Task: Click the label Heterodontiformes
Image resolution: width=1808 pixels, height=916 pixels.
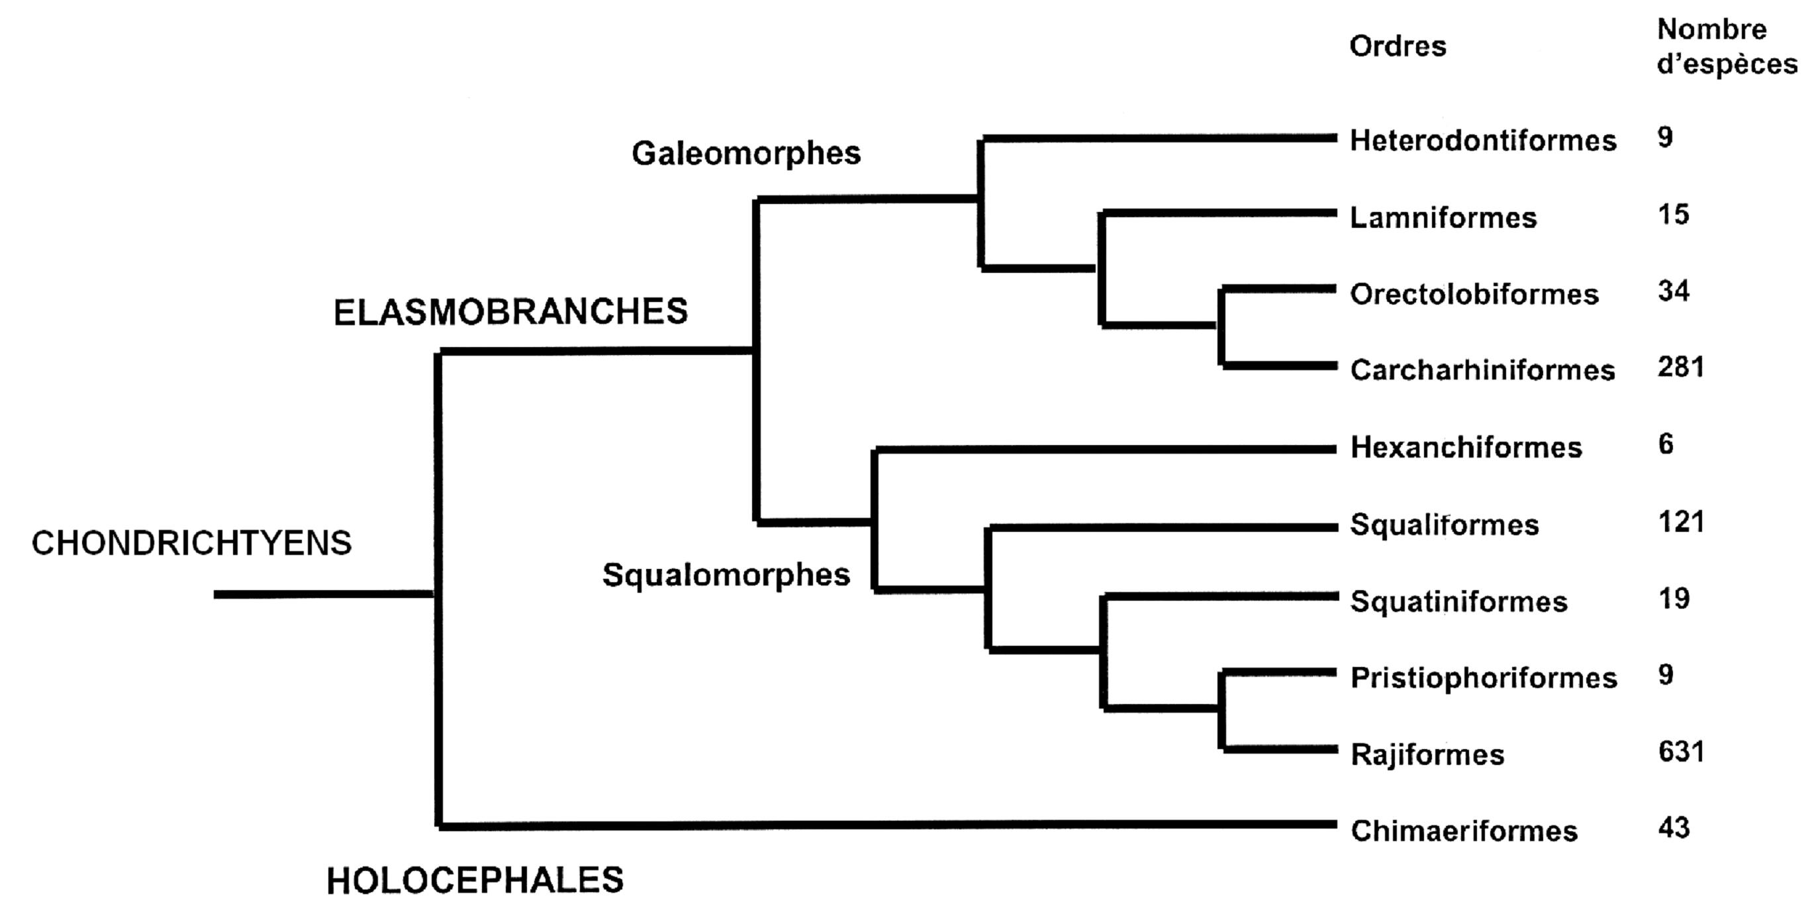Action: pos(1482,141)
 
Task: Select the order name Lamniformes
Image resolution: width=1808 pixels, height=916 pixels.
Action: pos(1443,219)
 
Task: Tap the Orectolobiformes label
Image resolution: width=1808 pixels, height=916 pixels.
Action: pos(1474,295)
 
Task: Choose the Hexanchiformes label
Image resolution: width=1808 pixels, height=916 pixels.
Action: pos(1466,448)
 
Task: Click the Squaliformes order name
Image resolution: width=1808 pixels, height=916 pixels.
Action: pos(1444,525)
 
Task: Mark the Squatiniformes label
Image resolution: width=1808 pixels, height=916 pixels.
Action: pos(1458,601)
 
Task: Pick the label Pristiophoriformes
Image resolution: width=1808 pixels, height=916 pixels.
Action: pos(1483,678)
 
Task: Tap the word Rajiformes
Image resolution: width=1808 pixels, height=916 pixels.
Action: pos(1427,755)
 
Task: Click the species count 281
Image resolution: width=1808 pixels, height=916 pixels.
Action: pos(1680,367)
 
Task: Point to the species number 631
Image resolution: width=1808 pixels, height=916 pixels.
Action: pos(1680,752)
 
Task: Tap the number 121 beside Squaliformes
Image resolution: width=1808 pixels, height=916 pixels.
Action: pos(1680,522)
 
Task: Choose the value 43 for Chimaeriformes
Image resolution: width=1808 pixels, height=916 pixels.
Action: pos(1673,829)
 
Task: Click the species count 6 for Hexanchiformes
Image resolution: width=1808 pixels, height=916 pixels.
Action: pos(1666,444)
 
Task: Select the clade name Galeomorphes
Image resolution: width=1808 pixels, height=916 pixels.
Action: pos(745,154)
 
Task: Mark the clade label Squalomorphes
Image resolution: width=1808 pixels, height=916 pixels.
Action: pos(726,576)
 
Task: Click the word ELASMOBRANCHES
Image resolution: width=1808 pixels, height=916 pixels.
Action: pos(510,313)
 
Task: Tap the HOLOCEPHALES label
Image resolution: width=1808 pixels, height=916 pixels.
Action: pos(475,881)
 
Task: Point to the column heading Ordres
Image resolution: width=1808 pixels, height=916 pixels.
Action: pos(1398,46)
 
